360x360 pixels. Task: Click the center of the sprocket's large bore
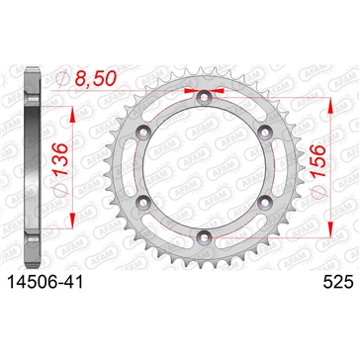202,166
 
